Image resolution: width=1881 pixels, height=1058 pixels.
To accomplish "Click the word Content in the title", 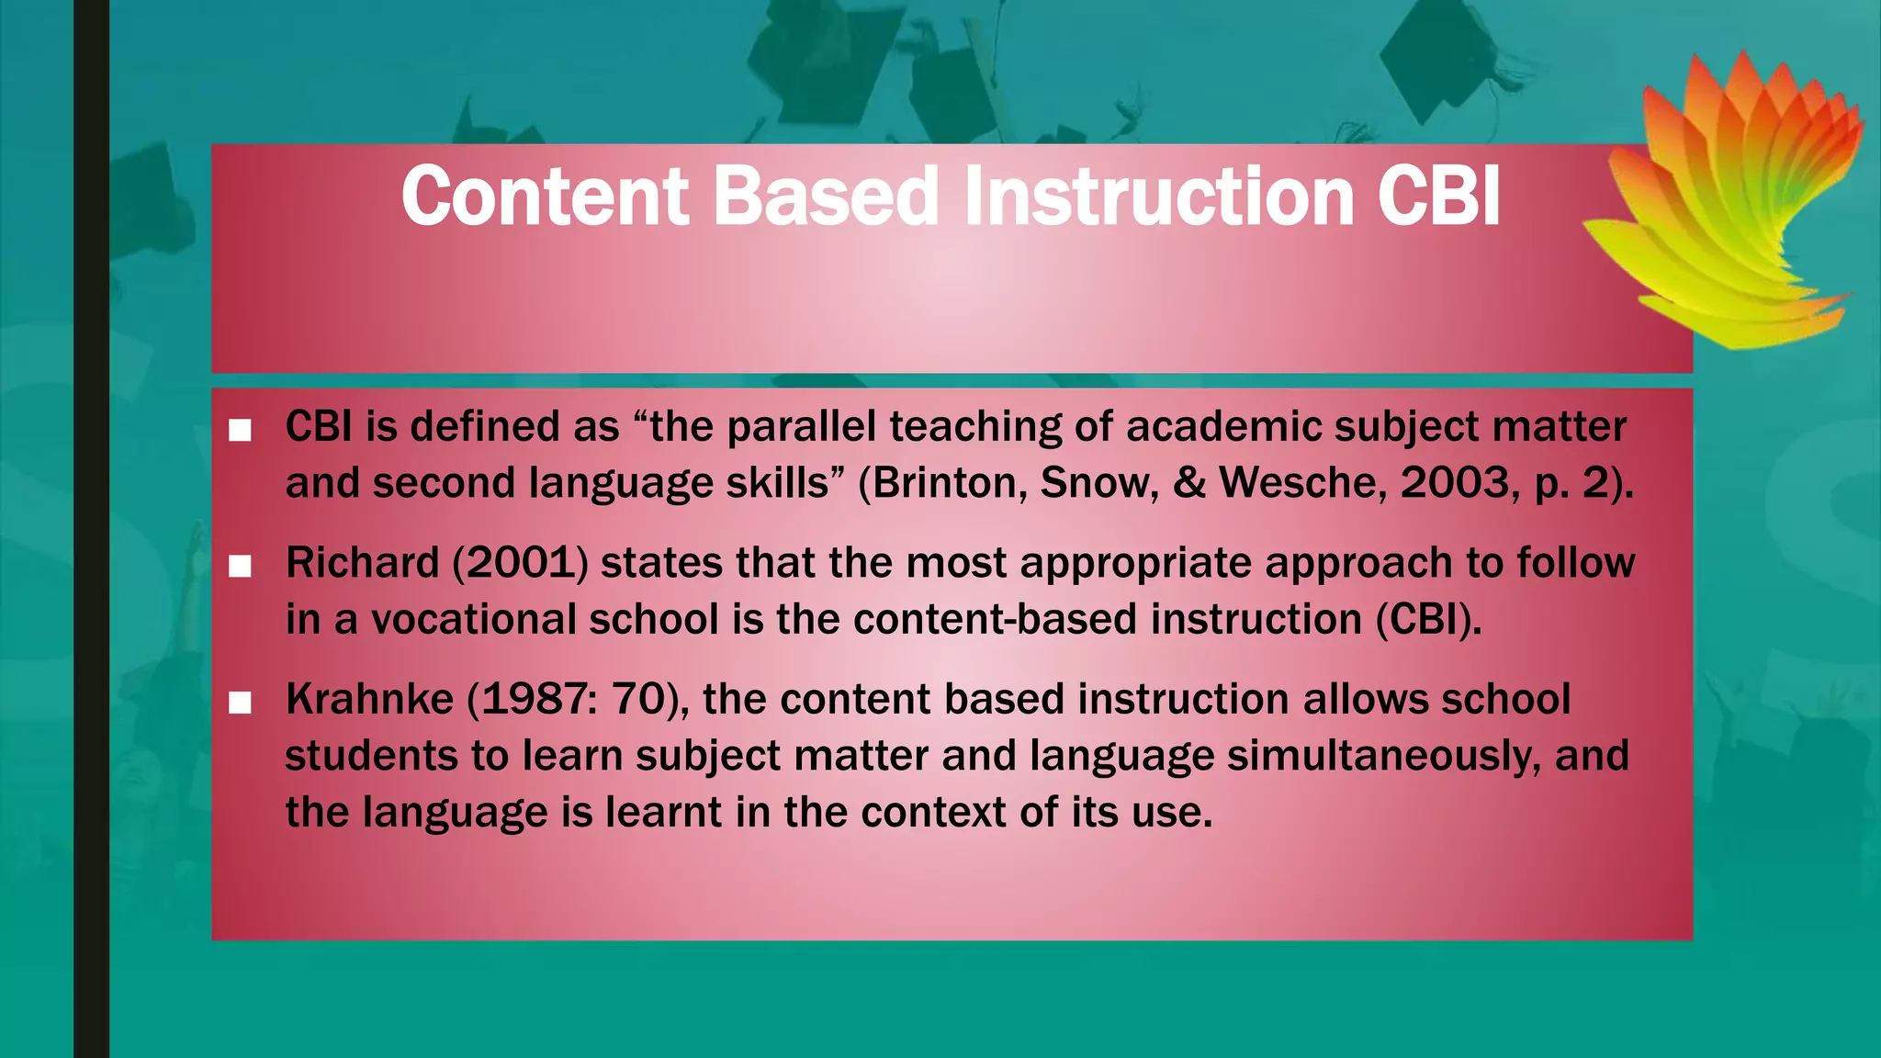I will tap(545, 197).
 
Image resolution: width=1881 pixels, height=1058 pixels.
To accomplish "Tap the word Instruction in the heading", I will tap(1158, 197).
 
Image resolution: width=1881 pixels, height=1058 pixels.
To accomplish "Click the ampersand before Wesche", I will tap(1189, 483).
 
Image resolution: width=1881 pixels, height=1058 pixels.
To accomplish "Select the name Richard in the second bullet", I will tap(363, 563).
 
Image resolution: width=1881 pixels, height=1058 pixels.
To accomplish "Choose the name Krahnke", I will tap(369, 700).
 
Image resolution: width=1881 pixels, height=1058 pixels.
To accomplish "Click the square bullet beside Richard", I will tap(240, 567).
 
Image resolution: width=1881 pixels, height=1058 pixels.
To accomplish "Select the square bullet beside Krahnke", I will tap(240, 703).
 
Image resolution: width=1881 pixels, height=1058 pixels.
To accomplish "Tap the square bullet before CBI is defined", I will tap(240, 430).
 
